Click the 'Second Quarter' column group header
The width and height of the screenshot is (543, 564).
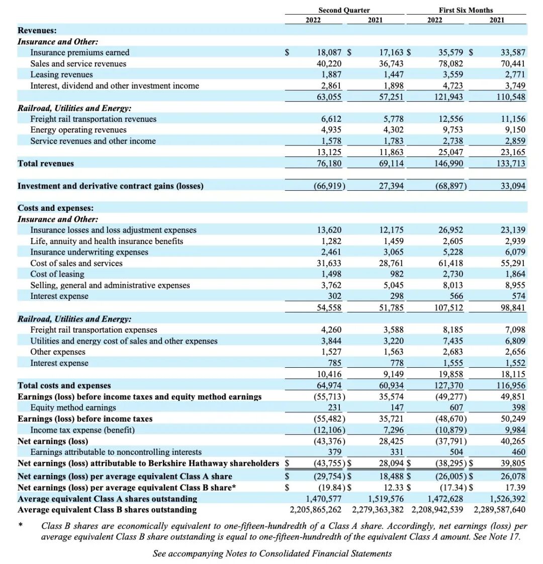click(344, 10)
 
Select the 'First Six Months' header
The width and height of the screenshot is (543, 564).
click(466, 10)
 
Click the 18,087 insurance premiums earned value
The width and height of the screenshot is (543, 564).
click(329, 52)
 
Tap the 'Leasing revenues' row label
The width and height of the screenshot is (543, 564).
click(61, 74)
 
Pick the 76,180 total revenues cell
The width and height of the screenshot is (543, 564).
click(329, 164)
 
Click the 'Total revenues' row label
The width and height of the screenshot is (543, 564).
click(46, 164)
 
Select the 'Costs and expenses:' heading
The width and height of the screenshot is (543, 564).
click(55, 208)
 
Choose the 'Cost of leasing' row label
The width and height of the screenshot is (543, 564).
click(57, 274)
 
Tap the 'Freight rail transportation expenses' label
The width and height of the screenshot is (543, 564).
click(94, 330)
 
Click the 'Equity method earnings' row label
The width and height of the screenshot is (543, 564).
click(73, 408)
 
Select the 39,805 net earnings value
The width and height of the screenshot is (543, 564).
click(513, 463)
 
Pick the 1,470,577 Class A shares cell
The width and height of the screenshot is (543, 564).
click(324, 499)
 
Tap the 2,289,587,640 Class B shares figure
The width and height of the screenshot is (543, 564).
click(499, 510)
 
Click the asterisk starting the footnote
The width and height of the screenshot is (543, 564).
click(21, 526)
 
